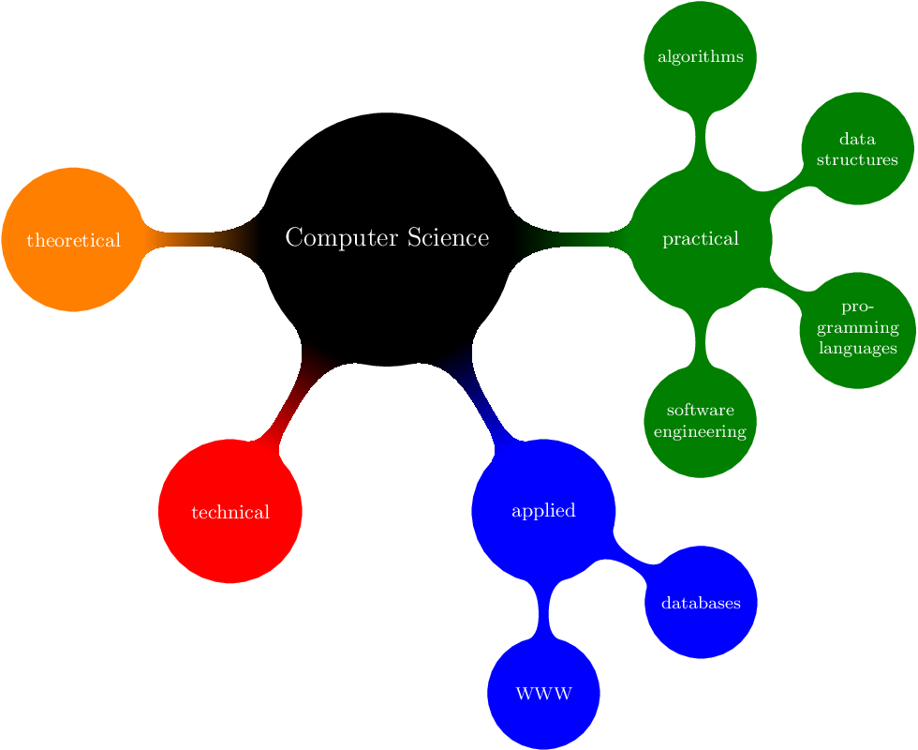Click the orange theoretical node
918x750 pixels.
click(73, 239)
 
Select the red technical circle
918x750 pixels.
click(230, 512)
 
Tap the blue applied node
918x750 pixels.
click(543, 510)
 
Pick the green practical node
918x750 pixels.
click(701, 238)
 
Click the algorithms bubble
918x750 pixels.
click(701, 56)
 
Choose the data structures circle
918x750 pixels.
click(857, 148)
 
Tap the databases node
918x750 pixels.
click(701, 602)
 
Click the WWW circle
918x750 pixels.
click(543, 694)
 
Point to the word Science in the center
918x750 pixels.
click(449, 238)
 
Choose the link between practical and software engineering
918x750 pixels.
click(701, 337)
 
